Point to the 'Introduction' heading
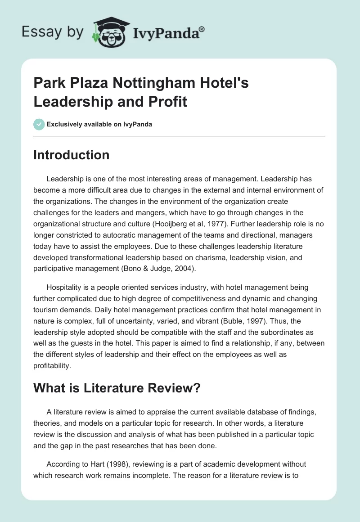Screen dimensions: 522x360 point(71,155)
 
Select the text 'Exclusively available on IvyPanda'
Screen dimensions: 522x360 point(99,125)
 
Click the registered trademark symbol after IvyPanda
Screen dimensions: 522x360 point(202,30)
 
